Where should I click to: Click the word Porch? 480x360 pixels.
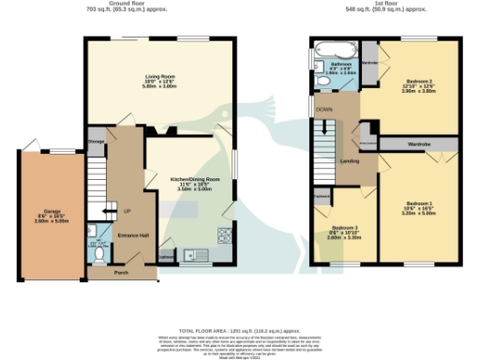pyautogui.click(x=121, y=273)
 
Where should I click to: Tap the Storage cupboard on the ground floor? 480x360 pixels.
pyautogui.click(x=96, y=141)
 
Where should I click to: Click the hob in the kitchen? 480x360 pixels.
pyautogui.click(x=225, y=234)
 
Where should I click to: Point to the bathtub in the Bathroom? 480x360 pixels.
pyautogui.click(x=333, y=50)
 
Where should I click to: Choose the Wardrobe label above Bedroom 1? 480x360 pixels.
pyautogui.click(x=417, y=143)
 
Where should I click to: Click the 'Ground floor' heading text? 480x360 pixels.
pyautogui.click(x=131, y=4)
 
